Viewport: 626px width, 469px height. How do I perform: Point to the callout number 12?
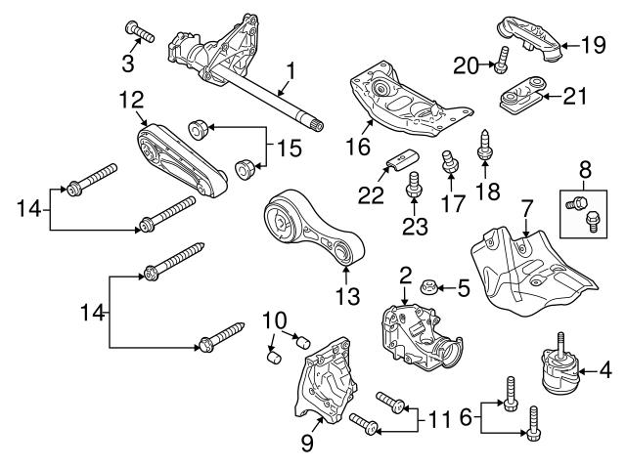point(130,99)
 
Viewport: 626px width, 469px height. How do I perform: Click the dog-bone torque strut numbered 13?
point(313,234)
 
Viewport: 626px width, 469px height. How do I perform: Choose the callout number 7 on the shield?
point(525,208)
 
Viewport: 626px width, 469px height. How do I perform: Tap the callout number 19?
point(590,44)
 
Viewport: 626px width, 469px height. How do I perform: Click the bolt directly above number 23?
point(413,183)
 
